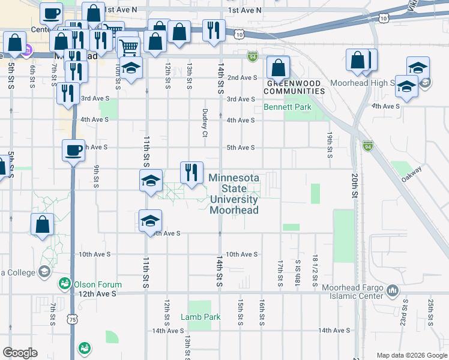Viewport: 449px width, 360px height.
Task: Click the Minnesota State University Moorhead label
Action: pos(234,194)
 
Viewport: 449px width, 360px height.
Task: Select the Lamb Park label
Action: pos(196,316)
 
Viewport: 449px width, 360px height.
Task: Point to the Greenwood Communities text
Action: pos(295,87)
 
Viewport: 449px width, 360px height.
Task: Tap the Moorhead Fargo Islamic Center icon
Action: pos(393,291)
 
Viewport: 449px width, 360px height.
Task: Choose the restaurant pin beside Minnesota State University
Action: pos(191,172)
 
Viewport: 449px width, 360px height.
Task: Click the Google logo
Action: pos(20,353)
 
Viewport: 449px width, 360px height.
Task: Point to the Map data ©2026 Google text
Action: pos(411,355)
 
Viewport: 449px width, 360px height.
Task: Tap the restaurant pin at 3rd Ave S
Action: pos(68,93)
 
